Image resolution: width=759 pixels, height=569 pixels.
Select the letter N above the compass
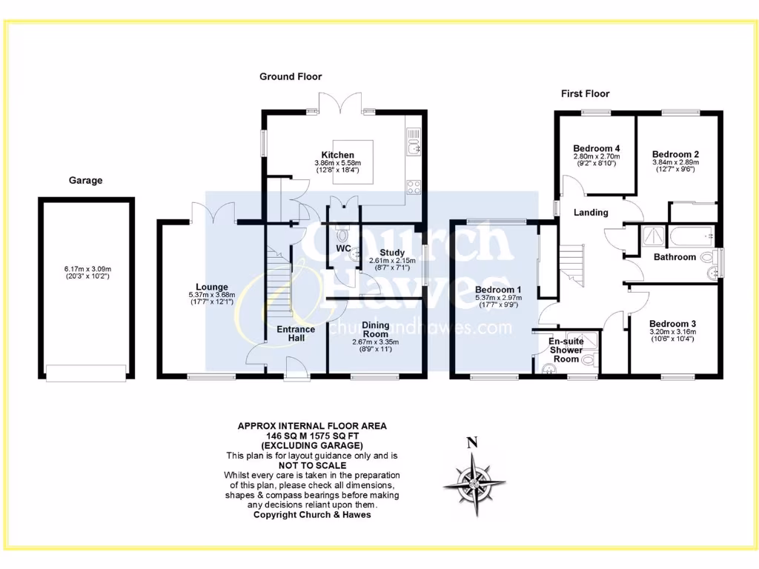click(x=471, y=444)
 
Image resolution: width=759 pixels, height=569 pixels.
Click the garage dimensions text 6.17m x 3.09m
click(x=86, y=270)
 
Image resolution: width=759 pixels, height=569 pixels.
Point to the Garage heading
click(x=85, y=180)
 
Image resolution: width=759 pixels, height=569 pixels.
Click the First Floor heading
click(x=585, y=93)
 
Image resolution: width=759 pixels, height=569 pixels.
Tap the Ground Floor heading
click(x=291, y=76)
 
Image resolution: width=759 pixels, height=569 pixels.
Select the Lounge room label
click(x=211, y=287)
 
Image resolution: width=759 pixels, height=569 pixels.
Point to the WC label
click(x=342, y=248)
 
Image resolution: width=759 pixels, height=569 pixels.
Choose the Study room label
click(x=392, y=253)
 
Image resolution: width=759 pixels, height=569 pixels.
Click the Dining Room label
click(x=375, y=329)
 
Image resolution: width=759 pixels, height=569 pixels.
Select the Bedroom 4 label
click(x=596, y=148)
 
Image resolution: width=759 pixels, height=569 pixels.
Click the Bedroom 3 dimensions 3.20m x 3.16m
click(x=672, y=333)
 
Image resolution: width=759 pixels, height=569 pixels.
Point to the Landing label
click(x=591, y=213)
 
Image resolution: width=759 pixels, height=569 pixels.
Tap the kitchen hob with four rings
click(x=413, y=188)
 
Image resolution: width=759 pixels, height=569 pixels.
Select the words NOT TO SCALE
click(x=311, y=465)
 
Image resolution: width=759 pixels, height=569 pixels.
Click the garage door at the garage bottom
click(x=86, y=373)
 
